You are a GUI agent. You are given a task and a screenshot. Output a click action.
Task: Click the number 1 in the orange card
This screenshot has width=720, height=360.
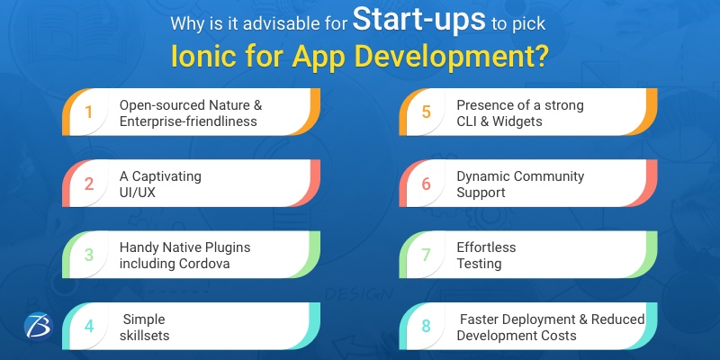tap(89, 112)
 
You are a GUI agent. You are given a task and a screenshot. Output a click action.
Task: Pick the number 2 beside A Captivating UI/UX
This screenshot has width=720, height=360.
tap(89, 184)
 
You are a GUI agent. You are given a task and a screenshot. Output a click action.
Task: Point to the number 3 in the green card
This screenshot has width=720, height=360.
tap(89, 254)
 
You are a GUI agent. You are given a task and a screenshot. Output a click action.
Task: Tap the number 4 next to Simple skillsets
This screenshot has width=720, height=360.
tap(89, 326)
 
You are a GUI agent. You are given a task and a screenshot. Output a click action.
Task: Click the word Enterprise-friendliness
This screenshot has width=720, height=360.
tap(190, 121)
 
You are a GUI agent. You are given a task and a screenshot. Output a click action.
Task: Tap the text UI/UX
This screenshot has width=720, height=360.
tap(139, 193)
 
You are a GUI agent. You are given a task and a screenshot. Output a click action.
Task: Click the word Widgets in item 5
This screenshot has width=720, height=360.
tap(517, 121)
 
